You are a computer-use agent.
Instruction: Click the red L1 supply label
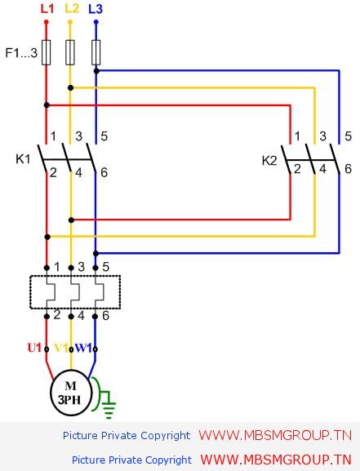47,9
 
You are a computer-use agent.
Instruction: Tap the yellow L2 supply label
72,8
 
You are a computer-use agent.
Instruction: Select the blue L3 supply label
96,9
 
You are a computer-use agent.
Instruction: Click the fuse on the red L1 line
46,52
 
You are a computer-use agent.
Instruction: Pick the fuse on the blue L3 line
96,52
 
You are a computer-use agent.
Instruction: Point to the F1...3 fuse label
21,53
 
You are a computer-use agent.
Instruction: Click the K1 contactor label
23,159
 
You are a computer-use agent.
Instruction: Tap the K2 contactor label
269,161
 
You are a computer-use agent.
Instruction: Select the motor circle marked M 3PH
71,393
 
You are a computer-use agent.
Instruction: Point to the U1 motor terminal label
34,348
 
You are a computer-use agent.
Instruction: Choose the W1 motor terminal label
83,348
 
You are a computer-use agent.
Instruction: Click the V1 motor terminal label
61,348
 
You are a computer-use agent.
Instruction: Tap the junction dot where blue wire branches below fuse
96,71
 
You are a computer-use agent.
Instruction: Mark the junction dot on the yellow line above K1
71,88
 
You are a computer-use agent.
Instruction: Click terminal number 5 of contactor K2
348,136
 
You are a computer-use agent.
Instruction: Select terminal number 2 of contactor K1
53,173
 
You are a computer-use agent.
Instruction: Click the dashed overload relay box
75,292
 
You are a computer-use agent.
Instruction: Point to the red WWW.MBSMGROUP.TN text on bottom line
276,460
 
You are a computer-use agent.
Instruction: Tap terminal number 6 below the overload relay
105,316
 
